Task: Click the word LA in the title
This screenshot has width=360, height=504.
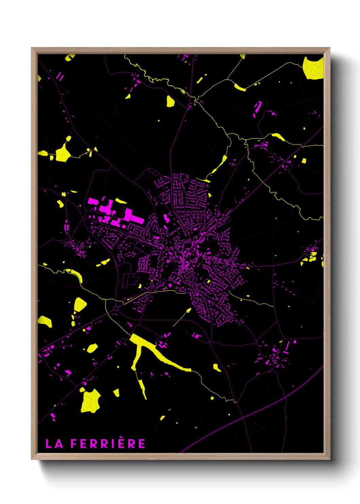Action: (54, 444)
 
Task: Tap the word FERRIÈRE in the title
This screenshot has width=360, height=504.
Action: (108, 444)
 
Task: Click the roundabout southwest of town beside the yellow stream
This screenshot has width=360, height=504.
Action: (116, 308)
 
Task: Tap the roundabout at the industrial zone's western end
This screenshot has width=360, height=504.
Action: (83, 218)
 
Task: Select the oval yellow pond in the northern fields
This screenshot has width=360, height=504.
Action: (170, 101)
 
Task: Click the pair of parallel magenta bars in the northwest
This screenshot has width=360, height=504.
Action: (60, 76)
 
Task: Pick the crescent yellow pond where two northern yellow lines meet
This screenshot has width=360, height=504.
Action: (240, 88)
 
